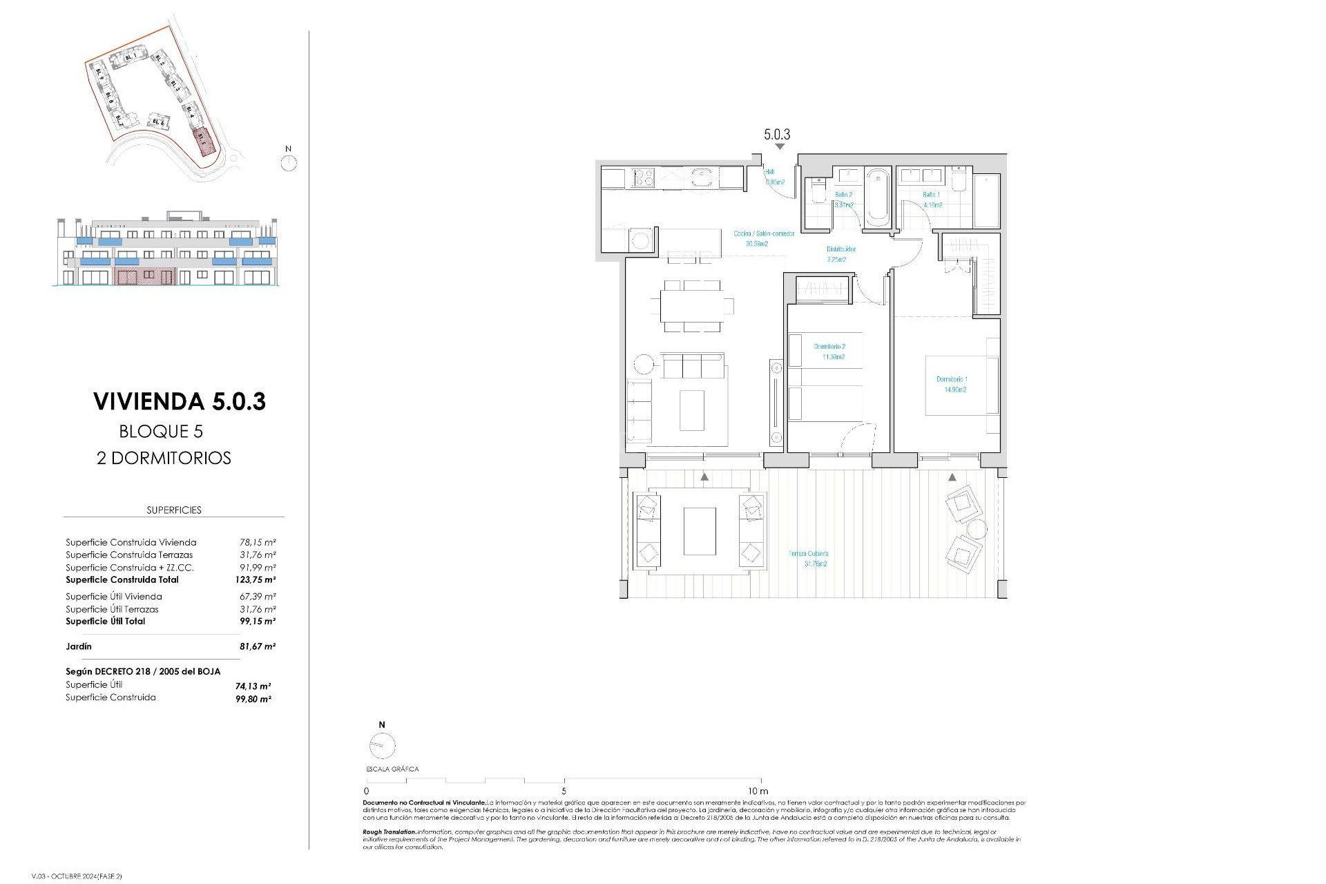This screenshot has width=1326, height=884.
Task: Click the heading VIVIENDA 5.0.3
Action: pos(180,401)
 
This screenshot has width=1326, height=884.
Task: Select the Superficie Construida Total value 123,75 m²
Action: pos(255,580)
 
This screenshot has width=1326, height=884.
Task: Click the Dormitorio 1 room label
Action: pos(952,379)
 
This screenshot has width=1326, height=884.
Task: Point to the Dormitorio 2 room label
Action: pos(829,347)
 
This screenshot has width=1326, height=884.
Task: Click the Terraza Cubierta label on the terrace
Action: pos(808,554)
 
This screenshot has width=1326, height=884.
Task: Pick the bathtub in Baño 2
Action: pos(878,196)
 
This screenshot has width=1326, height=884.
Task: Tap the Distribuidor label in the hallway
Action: pos(841,249)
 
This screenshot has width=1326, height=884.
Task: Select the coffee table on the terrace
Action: pos(700,531)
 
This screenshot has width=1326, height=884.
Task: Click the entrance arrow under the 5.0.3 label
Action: pos(780,147)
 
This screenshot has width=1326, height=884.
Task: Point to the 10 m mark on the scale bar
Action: pos(758,791)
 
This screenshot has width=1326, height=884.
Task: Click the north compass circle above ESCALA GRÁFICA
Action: pos(382,746)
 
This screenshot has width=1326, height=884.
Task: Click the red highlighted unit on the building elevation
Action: pos(144,278)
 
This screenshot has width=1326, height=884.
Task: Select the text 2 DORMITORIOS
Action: pos(164,459)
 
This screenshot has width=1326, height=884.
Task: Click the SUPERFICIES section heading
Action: pos(174,510)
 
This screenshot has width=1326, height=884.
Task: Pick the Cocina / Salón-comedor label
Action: pos(764,233)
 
